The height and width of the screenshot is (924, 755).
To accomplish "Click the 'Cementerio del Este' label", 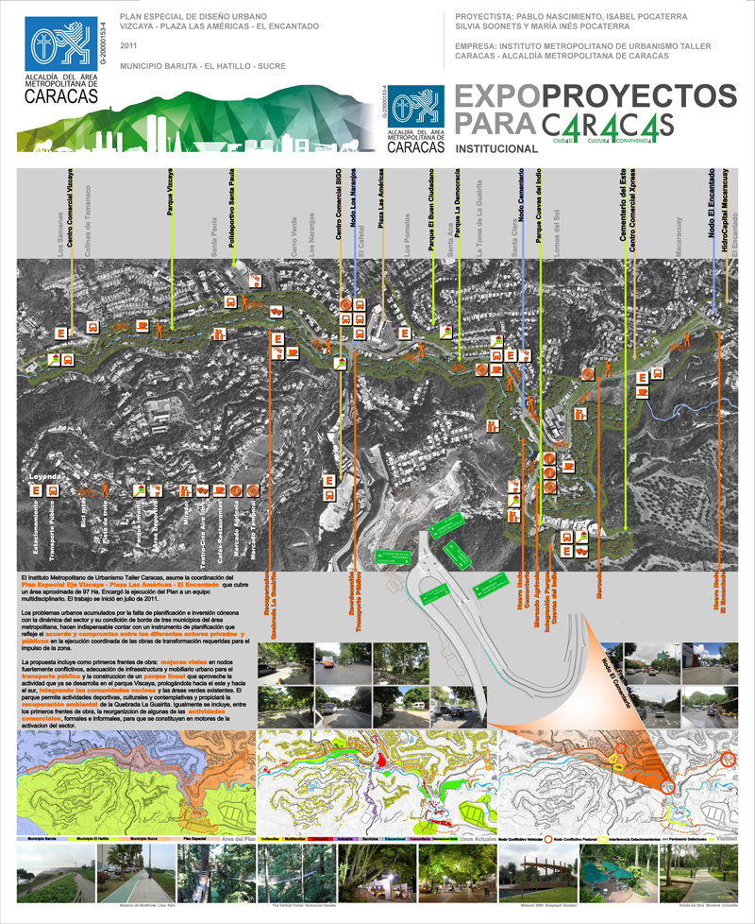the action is [622, 206].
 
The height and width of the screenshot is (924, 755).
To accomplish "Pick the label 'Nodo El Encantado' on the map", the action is [710, 206].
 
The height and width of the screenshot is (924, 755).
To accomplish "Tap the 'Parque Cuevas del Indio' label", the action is [538, 203].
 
